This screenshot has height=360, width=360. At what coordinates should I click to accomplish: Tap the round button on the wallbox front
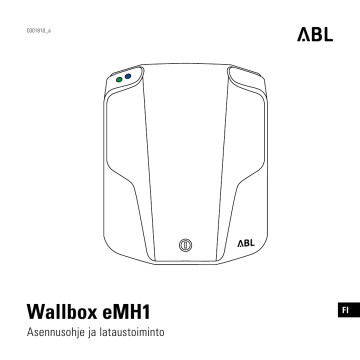coord(183,244)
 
